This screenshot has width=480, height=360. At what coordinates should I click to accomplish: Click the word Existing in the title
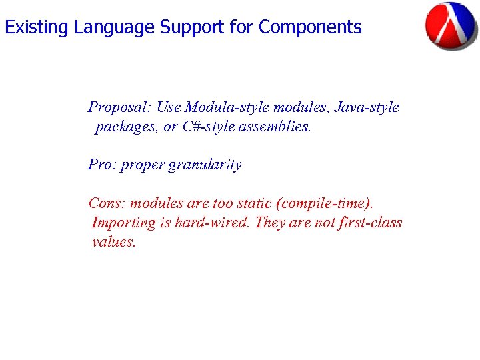coord(37,27)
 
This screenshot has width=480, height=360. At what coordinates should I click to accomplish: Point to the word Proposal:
coord(121,107)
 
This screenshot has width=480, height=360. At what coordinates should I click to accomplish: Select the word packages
coord(125,127)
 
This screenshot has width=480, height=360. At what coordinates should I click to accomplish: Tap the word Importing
coord(123,223)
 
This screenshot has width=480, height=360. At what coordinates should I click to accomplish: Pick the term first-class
coord(370,223)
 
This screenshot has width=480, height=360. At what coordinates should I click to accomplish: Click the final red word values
coord(113,242)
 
